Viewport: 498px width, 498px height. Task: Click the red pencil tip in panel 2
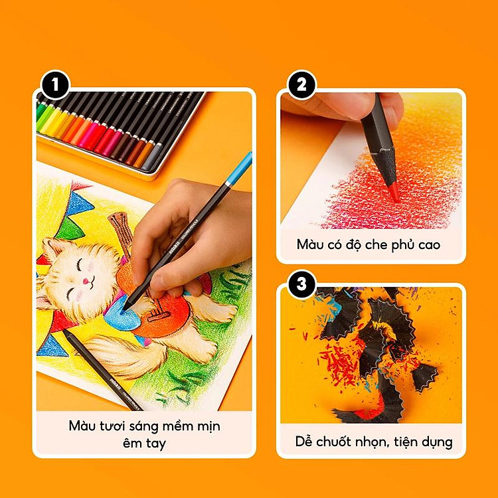click(x=394, y=193)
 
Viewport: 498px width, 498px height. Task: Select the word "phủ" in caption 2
click(x=397, y=244)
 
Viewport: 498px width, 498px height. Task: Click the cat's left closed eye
click(x=81, y=264)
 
